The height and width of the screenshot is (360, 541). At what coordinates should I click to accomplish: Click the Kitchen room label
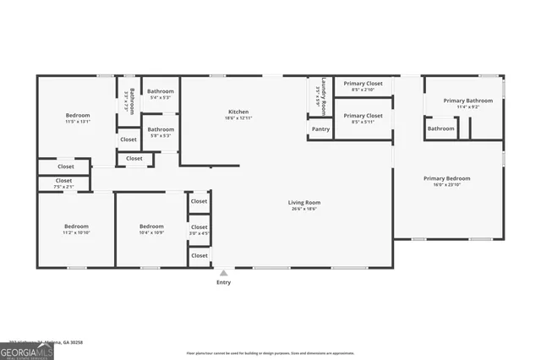(238, 112)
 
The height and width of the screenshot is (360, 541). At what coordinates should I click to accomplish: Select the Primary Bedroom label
(446, 178)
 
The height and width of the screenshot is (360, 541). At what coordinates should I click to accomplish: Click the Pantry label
(320, 129)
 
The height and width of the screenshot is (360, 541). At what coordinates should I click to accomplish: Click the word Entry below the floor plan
(223, 282)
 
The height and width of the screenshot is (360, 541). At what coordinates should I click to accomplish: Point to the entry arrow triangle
(223, 272)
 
